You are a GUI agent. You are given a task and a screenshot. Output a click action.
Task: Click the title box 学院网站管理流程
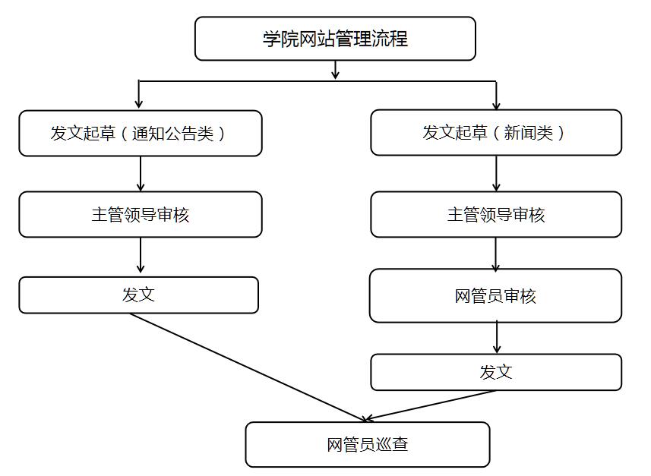coord(335,39)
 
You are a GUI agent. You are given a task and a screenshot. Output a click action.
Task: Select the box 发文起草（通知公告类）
coord(141,134)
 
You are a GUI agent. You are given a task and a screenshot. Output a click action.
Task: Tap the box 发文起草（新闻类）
coord(495,133)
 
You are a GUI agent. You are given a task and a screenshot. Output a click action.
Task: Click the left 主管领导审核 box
coord(141,215)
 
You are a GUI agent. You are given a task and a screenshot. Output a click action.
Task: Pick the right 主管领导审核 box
coord(495,215)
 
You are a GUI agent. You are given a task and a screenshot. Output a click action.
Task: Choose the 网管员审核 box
coord(495,296)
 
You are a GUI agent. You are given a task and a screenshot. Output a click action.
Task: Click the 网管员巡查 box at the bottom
coord(367,445)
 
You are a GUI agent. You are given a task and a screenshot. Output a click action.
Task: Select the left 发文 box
coord(138,295)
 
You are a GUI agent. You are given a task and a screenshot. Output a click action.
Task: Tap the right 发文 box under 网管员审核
coord(495,372)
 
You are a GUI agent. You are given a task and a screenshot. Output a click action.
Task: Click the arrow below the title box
coord(335,71)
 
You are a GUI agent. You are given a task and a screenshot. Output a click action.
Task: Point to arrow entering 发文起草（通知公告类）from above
coord(139,96)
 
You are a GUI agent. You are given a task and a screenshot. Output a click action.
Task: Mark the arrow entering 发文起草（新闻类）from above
coord(496,96)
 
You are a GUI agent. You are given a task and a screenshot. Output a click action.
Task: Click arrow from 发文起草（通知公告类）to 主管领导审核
coord(141,174)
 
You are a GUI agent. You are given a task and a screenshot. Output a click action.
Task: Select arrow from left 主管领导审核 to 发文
coord(141,256)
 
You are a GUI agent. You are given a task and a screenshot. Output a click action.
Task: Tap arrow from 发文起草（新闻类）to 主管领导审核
coord(496,174)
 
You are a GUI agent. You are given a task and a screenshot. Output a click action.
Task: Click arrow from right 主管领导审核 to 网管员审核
coord(496,254)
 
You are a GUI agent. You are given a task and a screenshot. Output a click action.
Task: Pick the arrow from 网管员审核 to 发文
coord(497,337)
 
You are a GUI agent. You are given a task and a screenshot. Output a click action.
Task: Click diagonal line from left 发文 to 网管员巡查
coord(247,367)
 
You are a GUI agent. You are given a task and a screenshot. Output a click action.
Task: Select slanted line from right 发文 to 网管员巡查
coord(431,405)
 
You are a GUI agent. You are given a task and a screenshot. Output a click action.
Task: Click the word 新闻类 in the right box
coord(534,133)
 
